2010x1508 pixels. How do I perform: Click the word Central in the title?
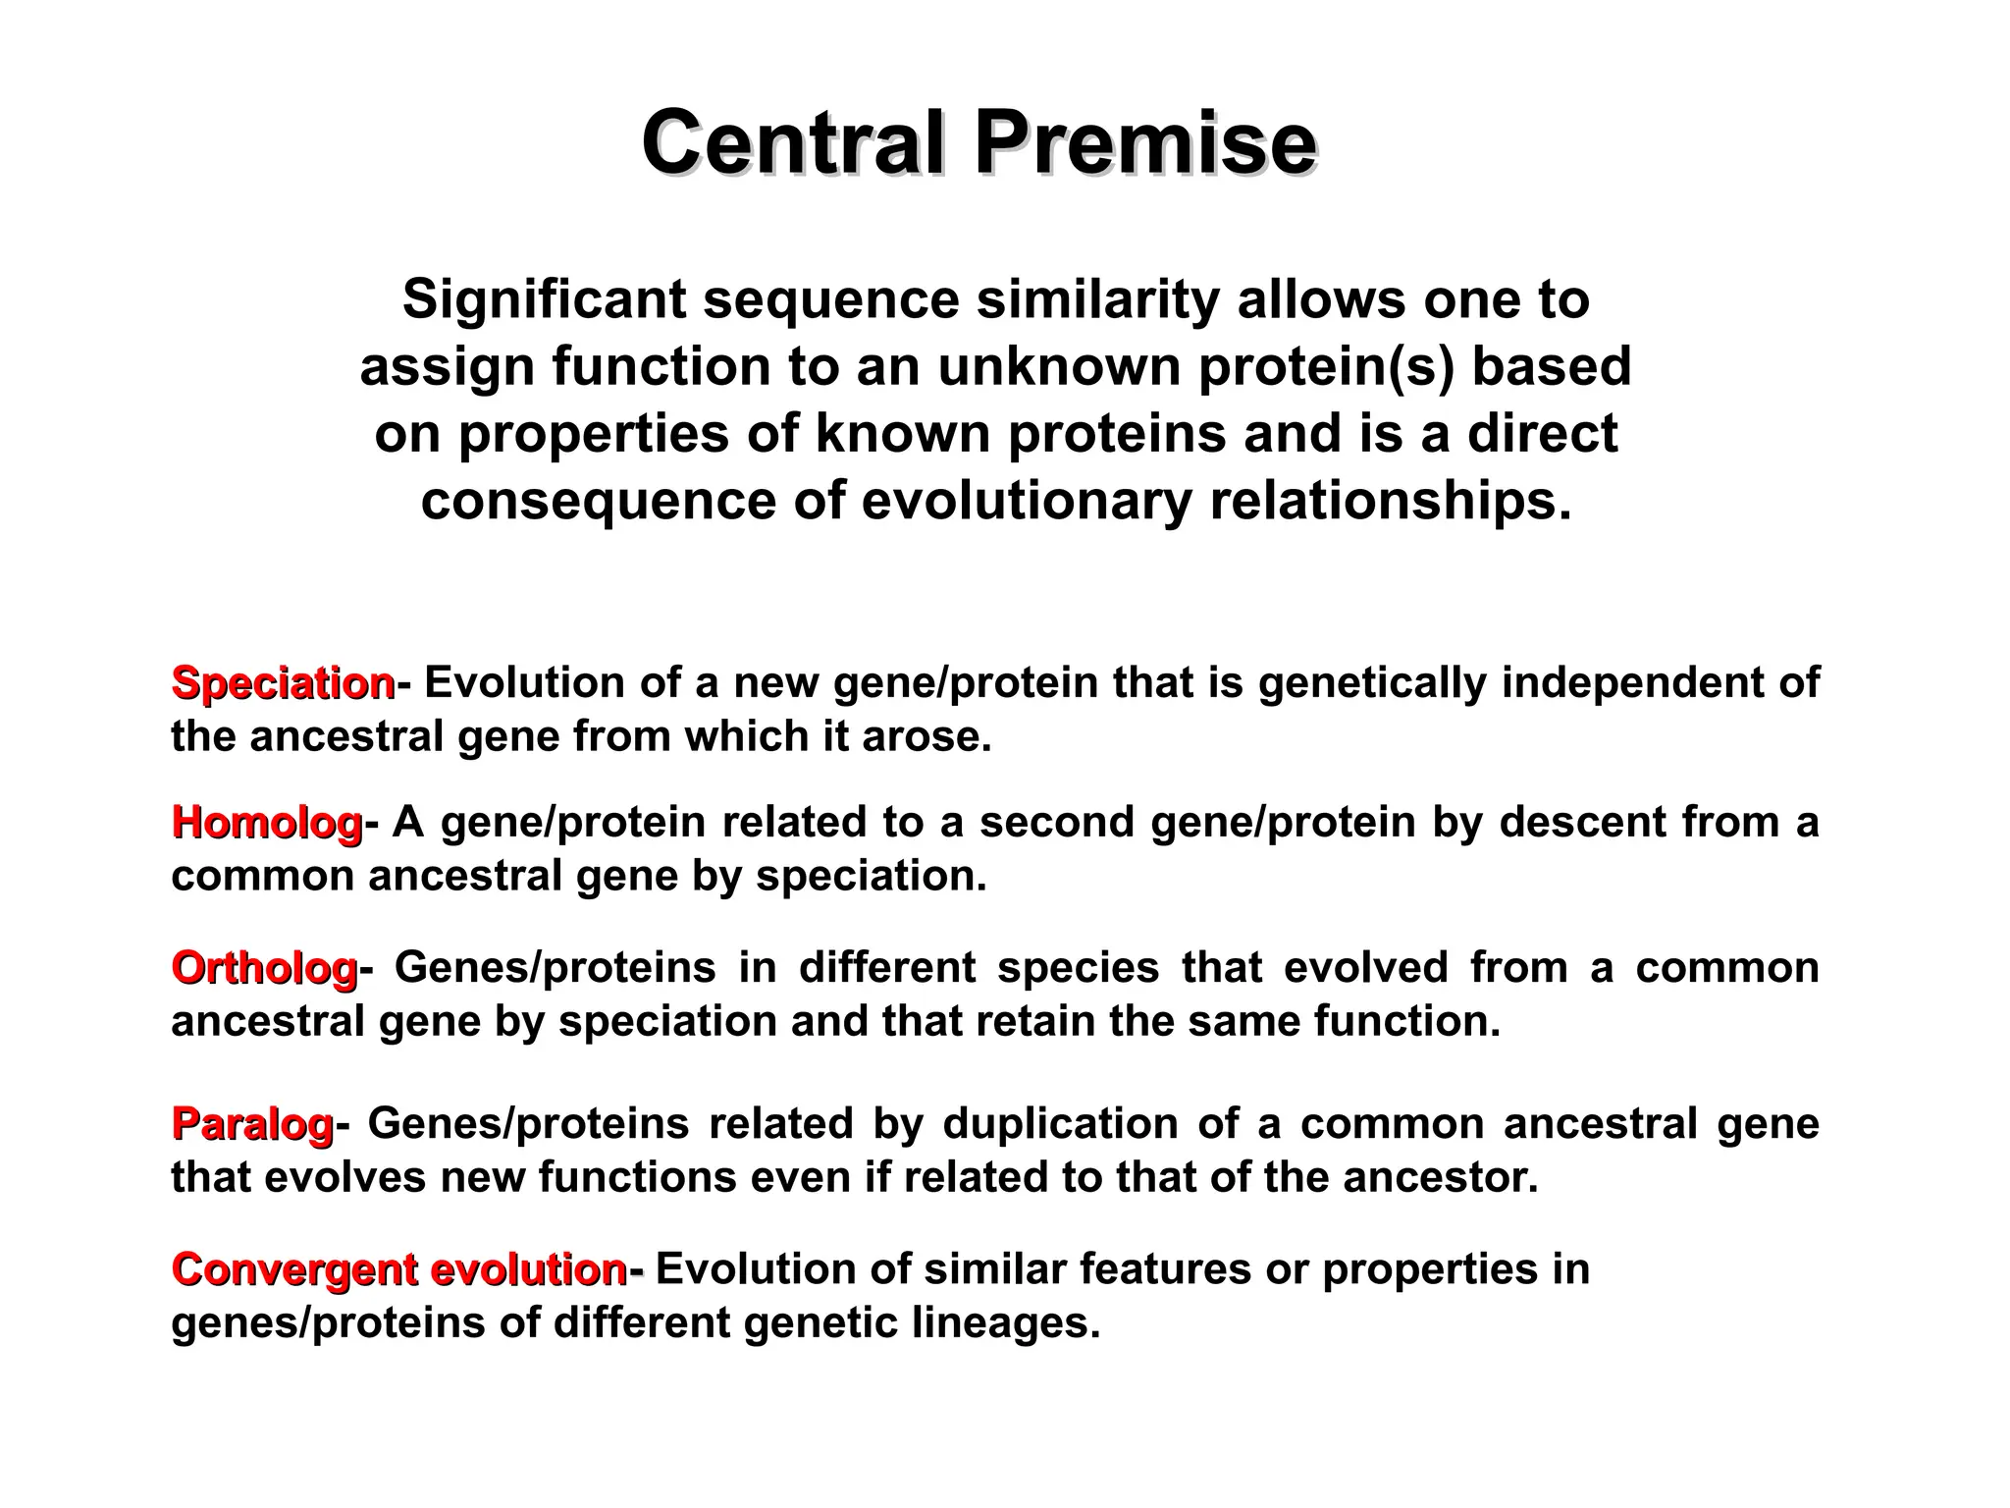pos(794,144)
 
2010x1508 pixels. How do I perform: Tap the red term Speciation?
pos(283,682)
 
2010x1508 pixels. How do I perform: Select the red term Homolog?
pos(267,822)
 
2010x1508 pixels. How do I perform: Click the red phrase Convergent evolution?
pos(398,1269)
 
